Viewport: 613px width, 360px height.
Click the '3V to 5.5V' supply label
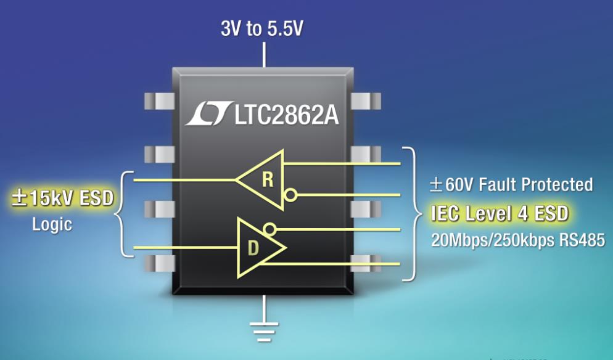point(262,28)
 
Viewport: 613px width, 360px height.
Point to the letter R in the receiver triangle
point(268,180)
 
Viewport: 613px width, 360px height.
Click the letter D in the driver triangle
point(253,248)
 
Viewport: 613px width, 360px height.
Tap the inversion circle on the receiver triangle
point(290,195)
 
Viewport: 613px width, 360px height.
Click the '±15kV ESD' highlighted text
point(62,198)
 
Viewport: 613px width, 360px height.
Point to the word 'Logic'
point(52,225)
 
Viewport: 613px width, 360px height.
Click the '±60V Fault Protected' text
point(511,184)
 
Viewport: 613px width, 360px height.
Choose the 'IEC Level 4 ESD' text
point(500,214)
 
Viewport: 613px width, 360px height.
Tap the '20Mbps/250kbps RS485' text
point(518,240)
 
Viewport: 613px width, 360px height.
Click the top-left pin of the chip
point(160,101)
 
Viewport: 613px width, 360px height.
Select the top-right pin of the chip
point(366,101)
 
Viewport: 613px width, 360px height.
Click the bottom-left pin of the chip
point(160,263)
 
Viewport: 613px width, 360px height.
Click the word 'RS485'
point(582,240)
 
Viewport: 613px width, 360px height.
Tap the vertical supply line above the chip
point(264,55)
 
